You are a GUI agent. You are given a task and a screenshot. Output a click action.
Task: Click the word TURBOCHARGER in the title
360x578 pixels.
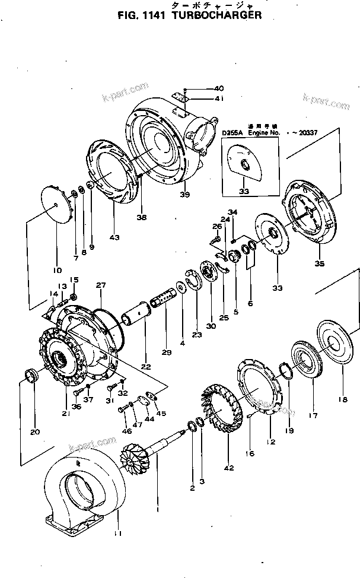tap(216, 16)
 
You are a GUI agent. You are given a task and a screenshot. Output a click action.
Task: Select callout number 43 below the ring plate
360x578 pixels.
tap(114, 237)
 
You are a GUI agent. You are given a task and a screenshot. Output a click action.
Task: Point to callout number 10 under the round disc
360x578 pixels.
tap(58, 270)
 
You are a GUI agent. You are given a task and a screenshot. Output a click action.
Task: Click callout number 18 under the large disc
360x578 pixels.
tap(342, 400)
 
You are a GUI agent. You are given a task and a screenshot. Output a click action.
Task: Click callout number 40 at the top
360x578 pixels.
tap(202, 88)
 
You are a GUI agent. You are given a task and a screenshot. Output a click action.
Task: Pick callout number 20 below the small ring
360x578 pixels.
tap(35, 431)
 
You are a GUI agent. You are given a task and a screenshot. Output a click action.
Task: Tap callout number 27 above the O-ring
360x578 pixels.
tap(101, 285)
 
